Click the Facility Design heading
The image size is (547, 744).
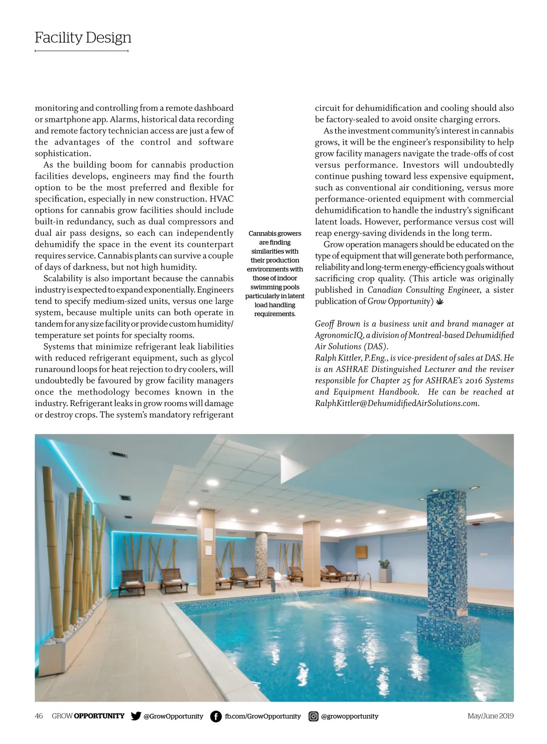click(83, 37)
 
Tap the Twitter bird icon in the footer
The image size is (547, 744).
click(136, 716)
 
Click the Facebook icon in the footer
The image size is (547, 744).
click(216, 716)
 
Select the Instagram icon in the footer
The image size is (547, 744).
click(313, 716)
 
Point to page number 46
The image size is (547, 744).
click(39, 716)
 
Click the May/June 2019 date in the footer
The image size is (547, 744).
click(490, 716)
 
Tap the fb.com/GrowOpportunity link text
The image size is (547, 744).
click(263, 716)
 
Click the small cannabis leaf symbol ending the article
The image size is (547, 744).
click(439, 302)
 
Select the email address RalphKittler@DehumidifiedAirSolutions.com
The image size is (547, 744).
click(397, 403)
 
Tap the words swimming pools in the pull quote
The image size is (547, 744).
click(275, 287)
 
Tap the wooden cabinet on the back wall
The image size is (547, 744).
click(361, 552)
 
